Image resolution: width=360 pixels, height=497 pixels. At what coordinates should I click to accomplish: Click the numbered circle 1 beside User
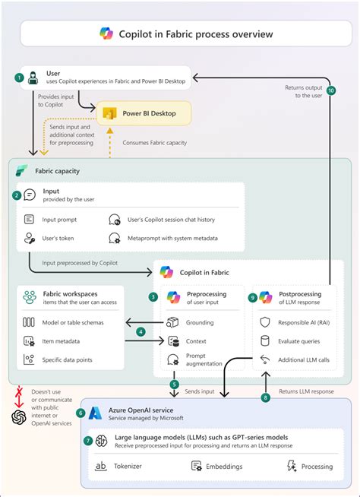click(19, 78)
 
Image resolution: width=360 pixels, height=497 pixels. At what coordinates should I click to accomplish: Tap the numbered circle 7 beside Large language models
click(89, 441)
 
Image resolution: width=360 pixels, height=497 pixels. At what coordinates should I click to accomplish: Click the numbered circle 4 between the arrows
click(141, 331)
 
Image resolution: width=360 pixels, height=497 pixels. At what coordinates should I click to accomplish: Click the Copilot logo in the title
click(106, 33)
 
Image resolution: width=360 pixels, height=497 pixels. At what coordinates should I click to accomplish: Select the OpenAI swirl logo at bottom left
click(19, 417)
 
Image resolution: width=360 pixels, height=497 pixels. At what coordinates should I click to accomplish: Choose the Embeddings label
click(229, 467)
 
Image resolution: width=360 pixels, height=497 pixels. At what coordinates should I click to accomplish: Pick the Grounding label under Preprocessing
click(201, 322)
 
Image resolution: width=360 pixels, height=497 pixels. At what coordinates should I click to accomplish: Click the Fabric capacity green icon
click(22, 171)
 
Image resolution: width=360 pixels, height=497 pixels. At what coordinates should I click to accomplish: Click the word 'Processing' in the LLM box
click(317, 467)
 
